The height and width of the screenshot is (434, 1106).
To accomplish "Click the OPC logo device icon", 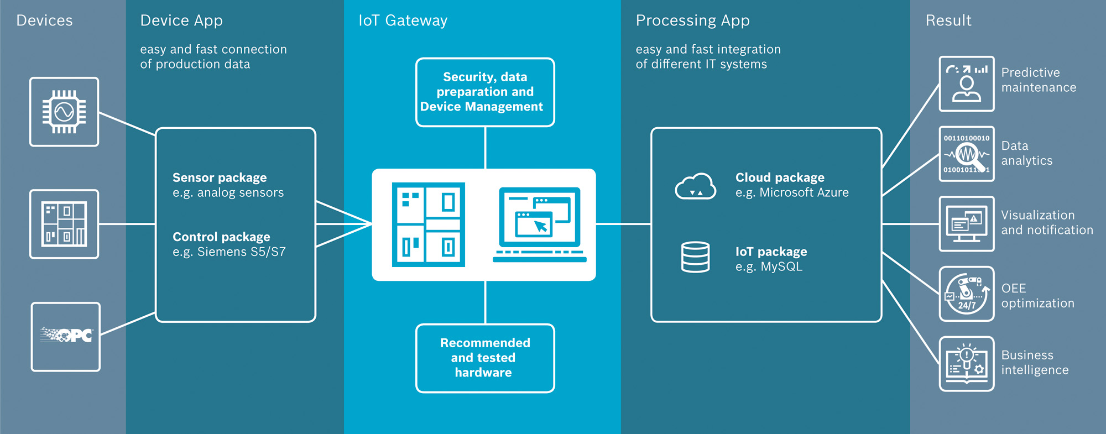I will click(x=66, y=336).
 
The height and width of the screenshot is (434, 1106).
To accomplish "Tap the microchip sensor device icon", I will click(x=64, y=112).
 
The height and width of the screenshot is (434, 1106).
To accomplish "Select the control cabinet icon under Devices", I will click(x=64, y=224).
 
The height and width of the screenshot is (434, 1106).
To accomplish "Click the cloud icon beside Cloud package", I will click(x=695, y=186).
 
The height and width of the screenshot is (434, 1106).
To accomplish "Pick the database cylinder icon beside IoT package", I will click(x=695, y=257).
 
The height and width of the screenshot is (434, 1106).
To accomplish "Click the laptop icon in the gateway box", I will click(x=539, y=224).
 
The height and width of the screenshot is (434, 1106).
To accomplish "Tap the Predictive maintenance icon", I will click(x=966, y=84).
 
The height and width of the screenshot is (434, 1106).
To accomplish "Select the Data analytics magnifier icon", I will click(x=966, y=154).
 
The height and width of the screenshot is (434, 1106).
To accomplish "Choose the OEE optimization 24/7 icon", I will click(x=966, y=294).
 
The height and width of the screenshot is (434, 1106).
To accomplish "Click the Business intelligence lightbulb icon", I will click(x=966, y=364).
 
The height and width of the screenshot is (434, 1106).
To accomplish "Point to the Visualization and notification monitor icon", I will click(x=966, y=224).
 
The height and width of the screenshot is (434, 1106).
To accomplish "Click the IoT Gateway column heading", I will click(x=403, y=20).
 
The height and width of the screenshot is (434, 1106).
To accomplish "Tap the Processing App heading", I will click(x=692, y=20).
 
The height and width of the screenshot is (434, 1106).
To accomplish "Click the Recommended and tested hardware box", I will click(x=485, y=358).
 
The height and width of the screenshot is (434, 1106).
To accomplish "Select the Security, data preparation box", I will click(x=485, y=92).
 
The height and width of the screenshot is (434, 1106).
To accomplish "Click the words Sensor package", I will click(x=220, y=177).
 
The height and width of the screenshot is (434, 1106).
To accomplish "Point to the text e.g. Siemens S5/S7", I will click(x=229, y=252).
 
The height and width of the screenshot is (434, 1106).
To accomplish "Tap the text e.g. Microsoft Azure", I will click(x=791, y=192).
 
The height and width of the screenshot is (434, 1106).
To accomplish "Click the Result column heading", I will click(x=948, y=20).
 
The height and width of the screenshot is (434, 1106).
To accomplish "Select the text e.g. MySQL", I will click(x=769, y=266).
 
